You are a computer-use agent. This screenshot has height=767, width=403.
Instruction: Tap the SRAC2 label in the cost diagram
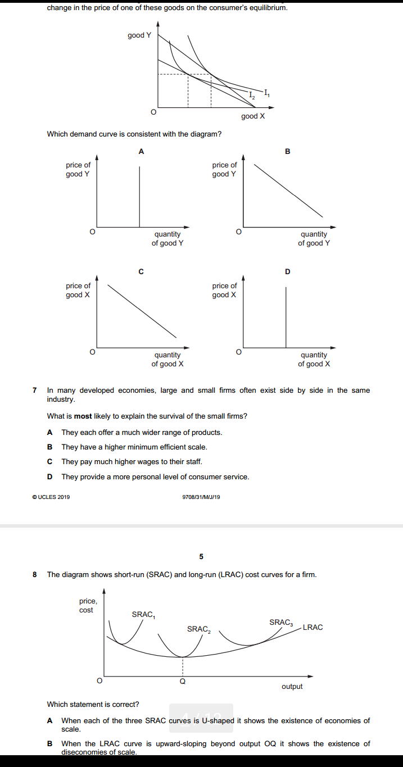pos(199,629)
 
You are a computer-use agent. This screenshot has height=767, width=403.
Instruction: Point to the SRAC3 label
pos(281,623)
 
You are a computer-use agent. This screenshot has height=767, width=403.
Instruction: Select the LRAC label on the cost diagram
pos(313,627)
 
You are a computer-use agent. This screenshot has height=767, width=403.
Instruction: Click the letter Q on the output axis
pos(182,681)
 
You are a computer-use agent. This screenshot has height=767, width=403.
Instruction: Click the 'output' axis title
pos(292,687)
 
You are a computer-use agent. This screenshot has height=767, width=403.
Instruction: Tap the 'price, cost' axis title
pos(88,606)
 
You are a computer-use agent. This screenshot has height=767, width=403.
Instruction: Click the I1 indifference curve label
pos(267,92)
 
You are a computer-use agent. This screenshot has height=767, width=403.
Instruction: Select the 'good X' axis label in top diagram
pos(252,116)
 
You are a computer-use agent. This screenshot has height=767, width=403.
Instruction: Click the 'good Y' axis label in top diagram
pos(139,35)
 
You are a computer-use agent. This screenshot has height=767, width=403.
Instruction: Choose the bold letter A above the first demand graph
pos(141,151)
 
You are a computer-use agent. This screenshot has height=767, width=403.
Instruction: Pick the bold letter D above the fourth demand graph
pos(288,272)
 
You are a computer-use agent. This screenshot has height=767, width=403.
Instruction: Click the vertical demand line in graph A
pos(140,197)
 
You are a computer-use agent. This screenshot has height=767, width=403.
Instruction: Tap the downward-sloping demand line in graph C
pos(142,311)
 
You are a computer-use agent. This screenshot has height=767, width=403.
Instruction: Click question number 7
pos(35,390)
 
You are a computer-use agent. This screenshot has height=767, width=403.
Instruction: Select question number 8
pos(35,575)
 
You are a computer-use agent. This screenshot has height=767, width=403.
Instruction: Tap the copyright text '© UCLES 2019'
pos(51,497)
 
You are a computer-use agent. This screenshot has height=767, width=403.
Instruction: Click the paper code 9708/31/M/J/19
pos(201,497)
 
